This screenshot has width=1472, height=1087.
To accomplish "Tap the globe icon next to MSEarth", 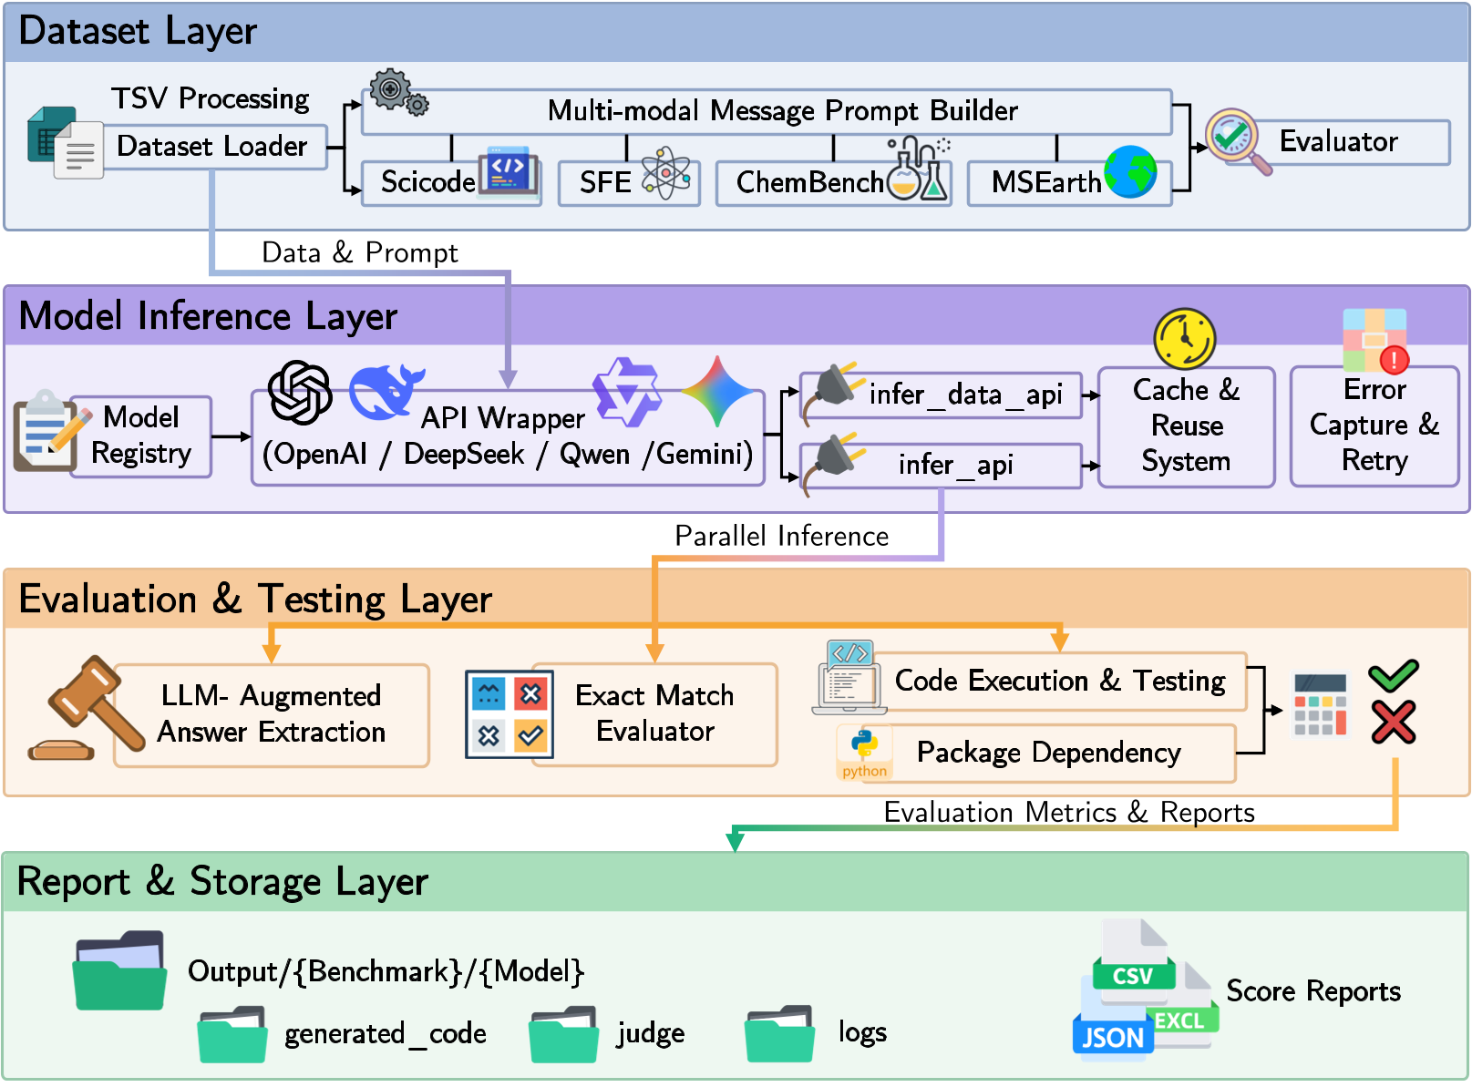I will [1130, 171].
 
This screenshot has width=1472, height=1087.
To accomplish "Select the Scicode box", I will [427, 182].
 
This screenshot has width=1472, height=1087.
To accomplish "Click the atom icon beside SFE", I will [666, 173].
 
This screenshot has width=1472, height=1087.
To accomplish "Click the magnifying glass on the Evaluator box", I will [1237, 140].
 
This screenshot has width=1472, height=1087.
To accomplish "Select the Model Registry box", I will [141, 436].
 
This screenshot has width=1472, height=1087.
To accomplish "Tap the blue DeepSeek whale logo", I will [386, 392].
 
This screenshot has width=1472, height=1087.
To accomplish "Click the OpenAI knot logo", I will [300, 392].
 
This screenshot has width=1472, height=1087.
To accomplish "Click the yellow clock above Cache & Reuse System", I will [1184, 338].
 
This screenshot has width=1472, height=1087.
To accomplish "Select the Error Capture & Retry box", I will [1374, 426].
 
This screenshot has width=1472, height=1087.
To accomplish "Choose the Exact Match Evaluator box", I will [654, 713].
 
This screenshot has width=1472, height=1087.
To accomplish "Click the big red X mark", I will [1394, 723].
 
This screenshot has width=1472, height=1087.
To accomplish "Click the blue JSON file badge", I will [1113, 1037].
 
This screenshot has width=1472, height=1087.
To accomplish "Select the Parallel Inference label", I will [781, 536].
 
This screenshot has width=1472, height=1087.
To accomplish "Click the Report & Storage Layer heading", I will [222, 882].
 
